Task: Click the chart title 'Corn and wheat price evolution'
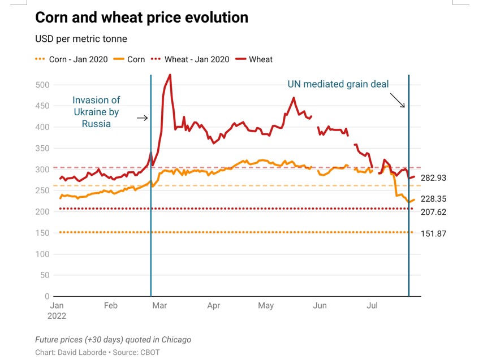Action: (141, 18)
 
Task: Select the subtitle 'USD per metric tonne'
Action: (81, 39)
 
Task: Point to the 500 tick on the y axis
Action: (42, 85)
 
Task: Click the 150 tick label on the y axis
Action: (42, 233)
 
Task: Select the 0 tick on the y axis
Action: (47, 296)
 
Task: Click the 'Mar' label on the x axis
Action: (159, 306)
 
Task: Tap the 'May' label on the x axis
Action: (266, 306)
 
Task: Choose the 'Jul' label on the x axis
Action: (372, 306)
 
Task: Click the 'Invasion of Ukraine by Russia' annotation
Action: (96, 111)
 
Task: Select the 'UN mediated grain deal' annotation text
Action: (338, 84)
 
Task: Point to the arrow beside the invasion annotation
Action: (142, 118)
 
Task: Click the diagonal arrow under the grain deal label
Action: (398, 100)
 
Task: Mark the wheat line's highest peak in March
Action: (170, 75)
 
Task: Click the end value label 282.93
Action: (433, 178)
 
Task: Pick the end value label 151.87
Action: (433, 233)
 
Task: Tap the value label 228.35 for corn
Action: (433, 199)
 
